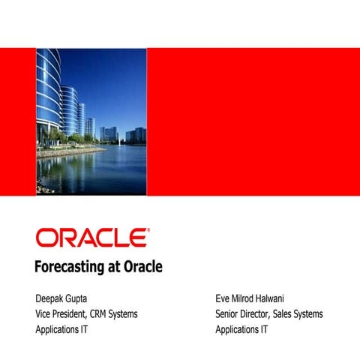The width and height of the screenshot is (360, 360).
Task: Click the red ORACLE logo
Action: pyautogui.click(x=91, y=238)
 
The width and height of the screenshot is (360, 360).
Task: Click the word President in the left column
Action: pyautogui.click(x=78, y=313)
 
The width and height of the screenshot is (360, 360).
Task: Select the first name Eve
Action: pyautogui.click(x=223, y=298)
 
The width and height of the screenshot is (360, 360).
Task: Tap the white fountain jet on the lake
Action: pyautogui.click(x=118, y=138)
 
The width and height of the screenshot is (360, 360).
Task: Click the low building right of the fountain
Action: pyautogui.click(x=136, y=136)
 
